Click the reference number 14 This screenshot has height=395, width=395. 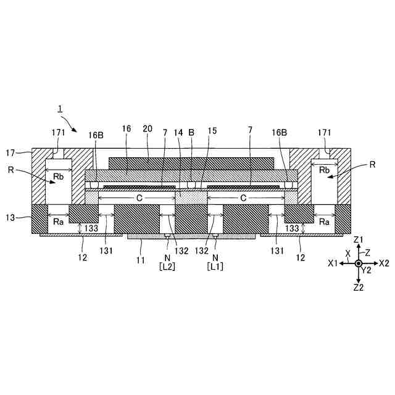(x=178, y=133)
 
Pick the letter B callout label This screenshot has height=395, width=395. (x=191, y=133)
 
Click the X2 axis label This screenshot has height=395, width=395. (x=383, y=263)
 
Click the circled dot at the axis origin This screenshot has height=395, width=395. (x=359, y=264)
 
